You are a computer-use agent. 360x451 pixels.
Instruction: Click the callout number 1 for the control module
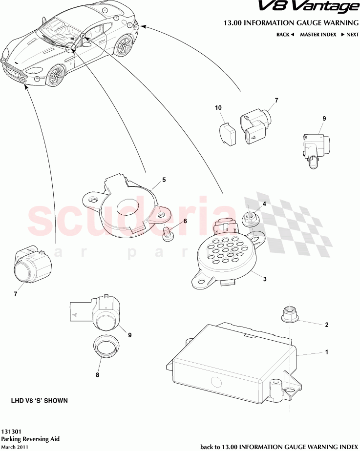pyautogui.click(x=327, y=352)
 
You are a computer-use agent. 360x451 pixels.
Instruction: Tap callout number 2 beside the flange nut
pyautogui.click(x=327, y=325)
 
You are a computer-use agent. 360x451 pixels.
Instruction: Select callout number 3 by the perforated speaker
pyautogui.click(x=265, y=279)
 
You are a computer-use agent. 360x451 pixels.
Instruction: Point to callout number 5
pyautogui.click(x=164, y=180)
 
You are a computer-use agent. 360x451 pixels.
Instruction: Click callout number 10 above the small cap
pyautogui.click(x=218, y=107)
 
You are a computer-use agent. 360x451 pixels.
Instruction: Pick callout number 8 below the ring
pyautogui.click(x=98, y=375)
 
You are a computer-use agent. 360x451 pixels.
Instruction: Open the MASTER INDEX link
pyautogui.click(x=318, y=35)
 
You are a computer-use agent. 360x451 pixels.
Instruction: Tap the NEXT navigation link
pyautogui.click(x=350, y=35)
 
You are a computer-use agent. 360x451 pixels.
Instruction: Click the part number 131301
pyautogui.click(x=11, y=432)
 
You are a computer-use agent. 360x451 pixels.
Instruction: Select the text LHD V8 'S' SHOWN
pyautogui.click(x=40, y=400)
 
